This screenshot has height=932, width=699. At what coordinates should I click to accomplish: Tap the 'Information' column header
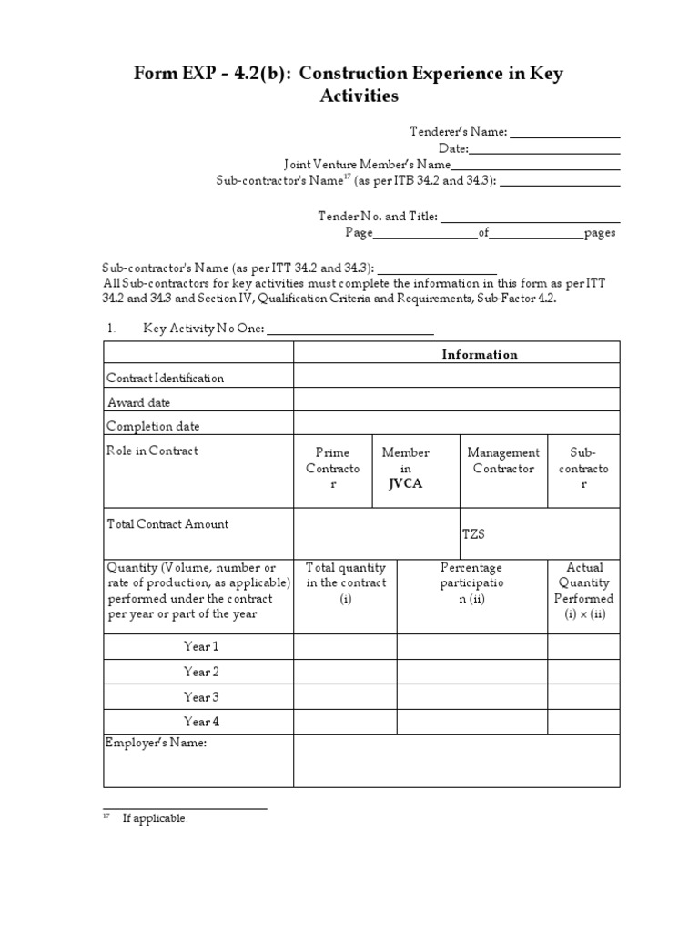pyautogui.click(x=479, y=354)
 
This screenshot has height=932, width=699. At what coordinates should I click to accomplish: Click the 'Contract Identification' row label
pyautogui.click(x=165, y=378)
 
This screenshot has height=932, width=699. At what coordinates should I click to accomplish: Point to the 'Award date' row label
pyautogui.click(x=138, y=402)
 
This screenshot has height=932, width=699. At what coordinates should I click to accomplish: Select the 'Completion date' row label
pyautogui.click(x=153, y=426)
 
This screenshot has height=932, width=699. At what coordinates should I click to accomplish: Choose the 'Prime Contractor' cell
pyautogui.click(x=332, y=468)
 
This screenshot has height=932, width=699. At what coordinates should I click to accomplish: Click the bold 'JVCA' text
pyautogui.click(x=405, y=484)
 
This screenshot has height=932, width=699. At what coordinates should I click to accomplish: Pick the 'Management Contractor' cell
pyautogui.click(x=503, y=460)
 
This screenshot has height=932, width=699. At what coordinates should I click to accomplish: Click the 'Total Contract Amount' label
pyautogui.click(x=167, y=524)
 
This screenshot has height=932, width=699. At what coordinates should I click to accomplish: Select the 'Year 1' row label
pyautogui.click(x=201, y=646)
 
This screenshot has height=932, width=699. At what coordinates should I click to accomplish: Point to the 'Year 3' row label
pyautogui.click(x=201, y=697)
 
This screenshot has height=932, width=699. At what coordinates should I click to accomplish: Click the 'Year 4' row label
pyautogui.click(x=201, y=722)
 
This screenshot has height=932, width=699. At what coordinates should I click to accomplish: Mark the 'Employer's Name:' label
pyautogui.click(x=157, y=744)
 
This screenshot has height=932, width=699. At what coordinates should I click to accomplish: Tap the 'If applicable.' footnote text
pyautogui.click(x=155, y=818)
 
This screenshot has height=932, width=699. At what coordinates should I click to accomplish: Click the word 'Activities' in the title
pyautogui.click(x=359, y=96)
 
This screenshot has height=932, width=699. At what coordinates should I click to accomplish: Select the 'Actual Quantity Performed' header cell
pyautogui.click(x=583, y=591)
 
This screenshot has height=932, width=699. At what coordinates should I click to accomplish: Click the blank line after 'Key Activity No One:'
pyautogui.click(x=349, y=329)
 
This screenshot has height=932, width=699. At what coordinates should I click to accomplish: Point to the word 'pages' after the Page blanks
pyautogui.click(x=600, y=233)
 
